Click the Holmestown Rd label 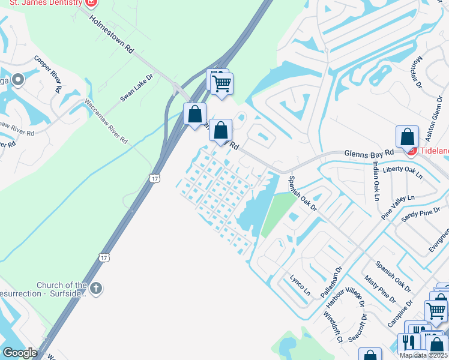pos(112,35)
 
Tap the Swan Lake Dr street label pos(137,88)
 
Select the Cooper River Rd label pos(49,74)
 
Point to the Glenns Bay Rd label pos(369,154)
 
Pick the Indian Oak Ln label pos(376,181)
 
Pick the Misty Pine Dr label pos(380,289)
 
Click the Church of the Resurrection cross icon pos(96,289)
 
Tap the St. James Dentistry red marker pos(91,2)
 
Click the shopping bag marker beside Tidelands pos(408,137)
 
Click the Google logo pos(19,353)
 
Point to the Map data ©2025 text pos(423,355)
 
